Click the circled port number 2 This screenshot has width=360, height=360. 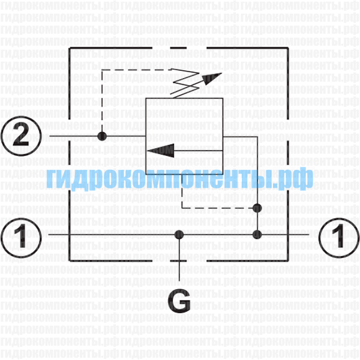tap(21, 136)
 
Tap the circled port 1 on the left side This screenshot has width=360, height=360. tap(21, 238)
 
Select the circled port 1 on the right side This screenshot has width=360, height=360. tap(339, 238)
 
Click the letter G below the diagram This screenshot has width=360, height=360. tap(179, 301)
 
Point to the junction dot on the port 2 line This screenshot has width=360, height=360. tap(102, 136)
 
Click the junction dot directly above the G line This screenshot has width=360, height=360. tap(179, 235)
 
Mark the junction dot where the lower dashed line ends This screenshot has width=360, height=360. tap(257, 208)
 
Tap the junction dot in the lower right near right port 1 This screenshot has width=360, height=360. tap(257, 235)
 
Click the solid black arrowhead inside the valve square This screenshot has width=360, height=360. tap(160, 151)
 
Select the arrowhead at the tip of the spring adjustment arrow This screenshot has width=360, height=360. tap(212, 78)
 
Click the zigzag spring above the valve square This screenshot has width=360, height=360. tap(185, 83)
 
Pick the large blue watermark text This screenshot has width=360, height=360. tap(180, 179)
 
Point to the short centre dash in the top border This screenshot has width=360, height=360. tap(178, 48)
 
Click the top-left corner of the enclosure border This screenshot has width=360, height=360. tap(70, 48)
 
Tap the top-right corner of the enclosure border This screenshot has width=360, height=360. tap(288, 48)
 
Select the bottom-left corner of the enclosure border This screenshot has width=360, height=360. tap(70, 261)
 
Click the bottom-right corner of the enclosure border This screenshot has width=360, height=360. tap(288, 261)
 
